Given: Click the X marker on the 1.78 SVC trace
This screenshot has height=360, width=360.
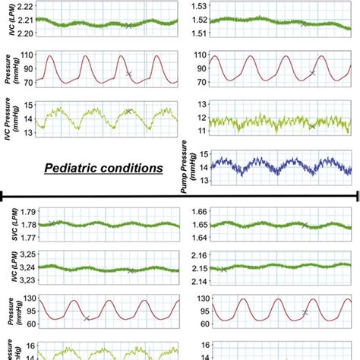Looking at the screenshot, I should (x=51, y=223).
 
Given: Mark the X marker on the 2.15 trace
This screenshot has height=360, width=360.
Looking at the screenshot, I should (x=223, y=270).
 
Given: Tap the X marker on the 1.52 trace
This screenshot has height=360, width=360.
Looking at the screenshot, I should (x=303, y=24).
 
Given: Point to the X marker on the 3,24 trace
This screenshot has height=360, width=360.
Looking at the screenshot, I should (x=131, y=270).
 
